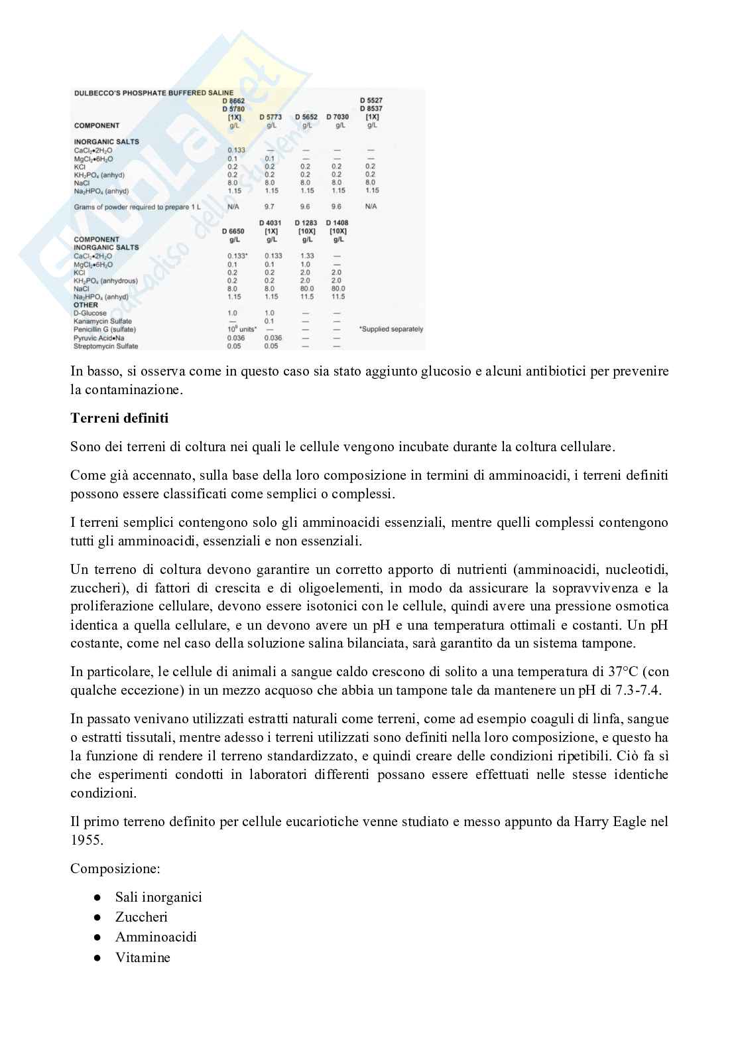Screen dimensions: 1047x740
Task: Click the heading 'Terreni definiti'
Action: coord(119,418)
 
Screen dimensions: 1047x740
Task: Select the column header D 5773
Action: coord(271,117)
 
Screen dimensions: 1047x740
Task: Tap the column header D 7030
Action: coord(338,117)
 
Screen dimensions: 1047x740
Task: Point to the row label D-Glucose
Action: coord(90,313)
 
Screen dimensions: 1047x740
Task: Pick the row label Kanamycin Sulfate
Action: coord(103,321)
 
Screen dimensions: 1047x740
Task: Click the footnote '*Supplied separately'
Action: coord(391,329)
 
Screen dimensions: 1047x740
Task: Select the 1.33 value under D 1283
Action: coord(307,256)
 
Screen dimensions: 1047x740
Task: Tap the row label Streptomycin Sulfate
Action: coord(106,346)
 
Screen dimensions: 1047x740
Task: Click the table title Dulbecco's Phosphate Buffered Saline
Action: coord(153,94)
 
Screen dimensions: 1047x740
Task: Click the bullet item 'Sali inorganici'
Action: coord(158,897)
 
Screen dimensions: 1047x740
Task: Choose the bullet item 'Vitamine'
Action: coord(143,957)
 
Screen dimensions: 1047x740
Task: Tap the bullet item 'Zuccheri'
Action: coord(141,917)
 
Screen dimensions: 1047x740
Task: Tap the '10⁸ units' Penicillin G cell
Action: coord(241,329)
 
